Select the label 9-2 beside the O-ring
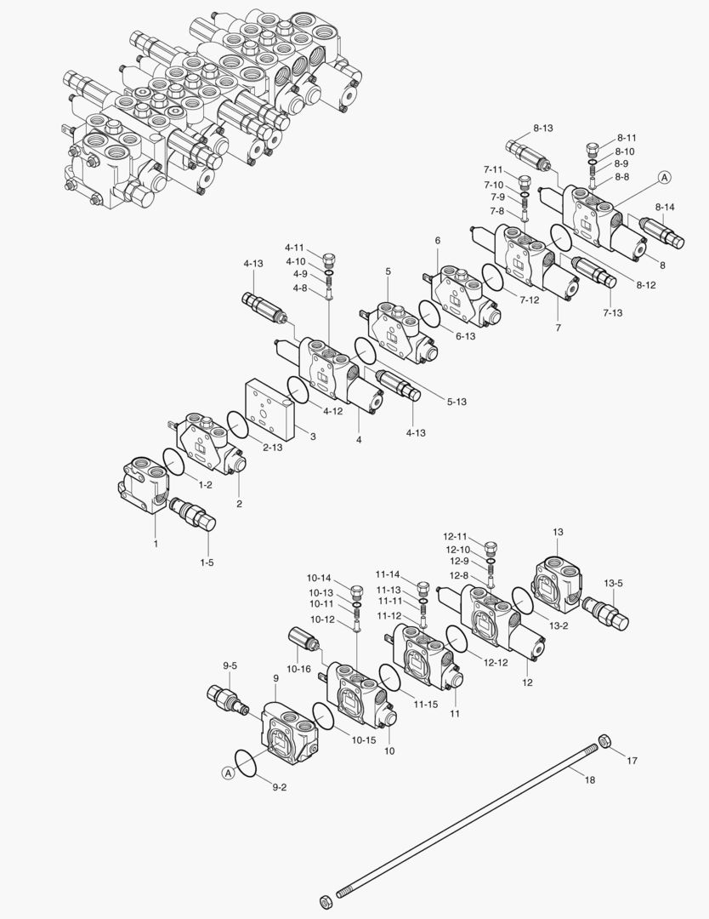point(278,788)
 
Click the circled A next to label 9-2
point(228,773)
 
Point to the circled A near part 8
point(664,178)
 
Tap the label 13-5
point(614,583)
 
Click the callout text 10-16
point(298,670)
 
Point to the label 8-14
point(665,207)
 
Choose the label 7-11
point(495,170)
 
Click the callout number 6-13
point(464,336)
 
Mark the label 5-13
point(456,401)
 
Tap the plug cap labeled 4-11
point(331,256)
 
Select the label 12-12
point(496,662)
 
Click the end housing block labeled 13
point(558,583)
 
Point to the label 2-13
point(272,447)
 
